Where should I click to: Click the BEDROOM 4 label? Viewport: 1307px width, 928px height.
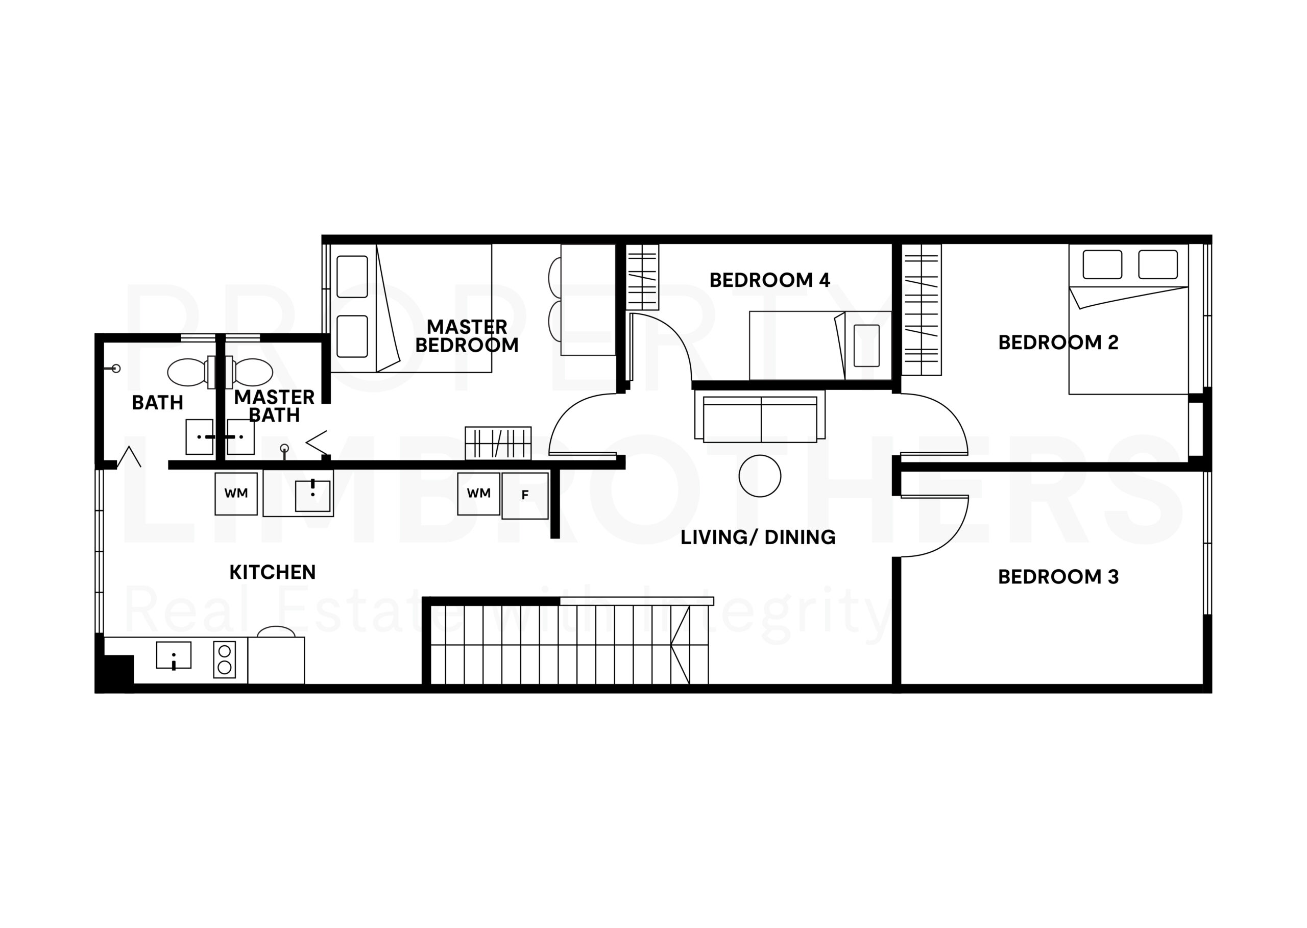point(769,280)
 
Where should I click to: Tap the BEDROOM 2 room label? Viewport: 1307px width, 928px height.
point(1058,343)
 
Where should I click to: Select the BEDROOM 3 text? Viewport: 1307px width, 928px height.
point(1058,577)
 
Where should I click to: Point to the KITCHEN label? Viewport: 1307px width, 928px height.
point(272,572)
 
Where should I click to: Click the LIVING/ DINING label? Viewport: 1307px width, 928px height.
point(758,537)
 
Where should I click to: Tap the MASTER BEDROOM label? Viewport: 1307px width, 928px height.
point(467,336)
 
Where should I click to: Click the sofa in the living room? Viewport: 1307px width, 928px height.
point(760,416)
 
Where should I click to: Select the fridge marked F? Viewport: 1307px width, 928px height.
point(525,496)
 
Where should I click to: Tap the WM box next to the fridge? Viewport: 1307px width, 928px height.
point(479,493)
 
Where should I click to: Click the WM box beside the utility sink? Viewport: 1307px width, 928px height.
point(236,493)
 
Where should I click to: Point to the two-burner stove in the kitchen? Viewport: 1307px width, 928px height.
point(225,660)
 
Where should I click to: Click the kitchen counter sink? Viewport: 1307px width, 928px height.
point(174,655)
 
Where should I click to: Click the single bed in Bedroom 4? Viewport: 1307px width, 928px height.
point(820,345)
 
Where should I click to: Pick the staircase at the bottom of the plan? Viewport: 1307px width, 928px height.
point(569,644)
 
